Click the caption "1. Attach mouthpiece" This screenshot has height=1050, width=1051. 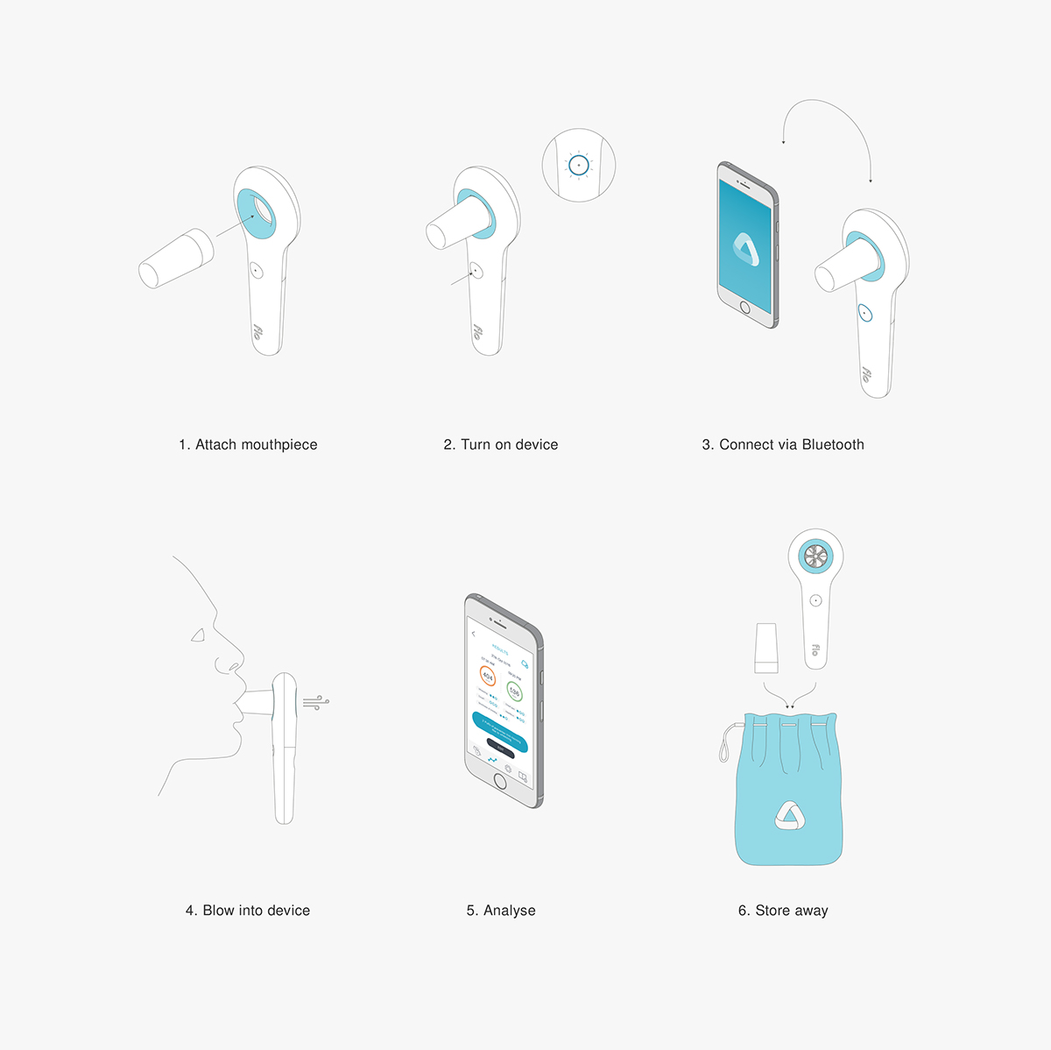pyautogui.click(x=248, y=444)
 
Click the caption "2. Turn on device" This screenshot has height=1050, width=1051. pyautogui.click(x=500, y=444)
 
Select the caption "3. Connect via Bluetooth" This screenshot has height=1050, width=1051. pyautogui.click(x=783, y=444)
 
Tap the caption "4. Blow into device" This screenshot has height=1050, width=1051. pyautogui.click(x=248, y=911)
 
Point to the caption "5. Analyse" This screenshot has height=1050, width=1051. pyautogui.click(x=501, y=911)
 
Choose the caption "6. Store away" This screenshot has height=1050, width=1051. pyautogui.click(x=783, y=911)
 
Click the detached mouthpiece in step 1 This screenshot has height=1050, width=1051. pyautogui.click(x=175, y=259)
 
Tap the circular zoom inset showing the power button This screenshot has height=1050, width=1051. pyautogui.click(x=579, y=166)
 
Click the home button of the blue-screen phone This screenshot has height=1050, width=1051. pyautogui.click(x=745, y=308)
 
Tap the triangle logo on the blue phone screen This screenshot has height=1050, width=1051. pyautogui.click(x=745, y=249)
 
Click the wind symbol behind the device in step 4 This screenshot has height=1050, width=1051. pyautogui.click(x=316, y=701)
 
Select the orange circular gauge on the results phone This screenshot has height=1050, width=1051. pyautogui.click(x=488, y=677)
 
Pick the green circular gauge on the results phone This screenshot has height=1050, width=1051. pyautogui.click(x=514, y=692)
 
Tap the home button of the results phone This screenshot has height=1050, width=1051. pyautogui.click(x=500, y=780)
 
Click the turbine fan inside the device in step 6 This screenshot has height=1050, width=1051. pyautogui.click(x=815, y=555)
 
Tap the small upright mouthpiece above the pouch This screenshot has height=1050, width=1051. pyautogui.click(x=766, y=647)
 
